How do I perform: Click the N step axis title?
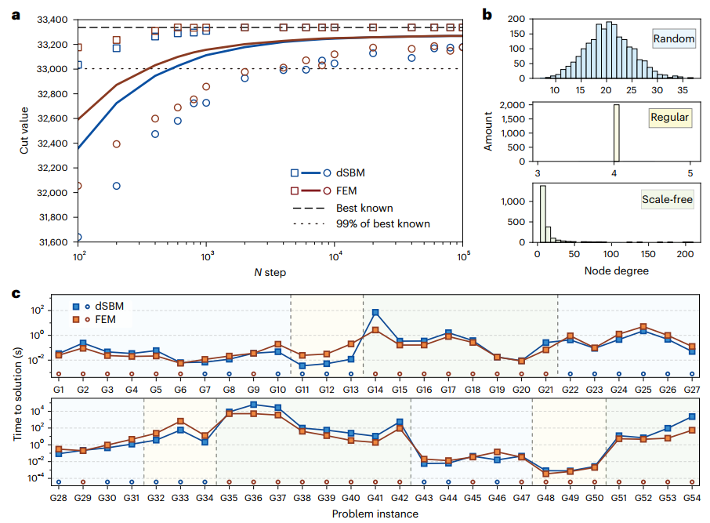(x=270, y=272)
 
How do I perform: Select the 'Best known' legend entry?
(x=364, y=209)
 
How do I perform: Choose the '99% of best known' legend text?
(x=382, y=223)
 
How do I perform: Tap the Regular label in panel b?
(x=670, y=118)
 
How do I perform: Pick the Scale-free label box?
(x=667, y=202)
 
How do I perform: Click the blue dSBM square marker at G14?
(x=375, y=313)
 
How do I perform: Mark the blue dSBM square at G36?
(x=253, y=405)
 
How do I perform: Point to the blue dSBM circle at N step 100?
(x=78, y=237)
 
